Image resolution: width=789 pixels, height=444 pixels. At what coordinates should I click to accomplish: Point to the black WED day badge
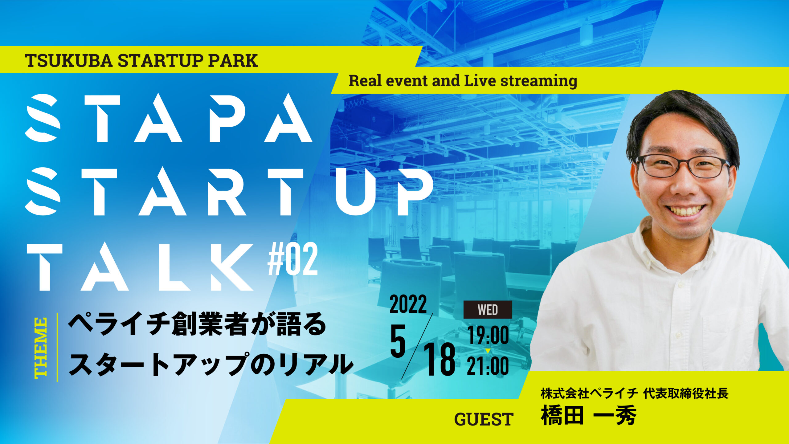(488, 310)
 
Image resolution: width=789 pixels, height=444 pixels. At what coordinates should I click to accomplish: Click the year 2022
(408, 304)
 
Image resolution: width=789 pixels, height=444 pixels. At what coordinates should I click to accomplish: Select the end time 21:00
(488, 366)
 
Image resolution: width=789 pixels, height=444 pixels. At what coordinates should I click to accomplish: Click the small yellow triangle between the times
(488, 351)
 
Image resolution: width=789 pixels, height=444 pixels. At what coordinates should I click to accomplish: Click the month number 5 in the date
(398, 342)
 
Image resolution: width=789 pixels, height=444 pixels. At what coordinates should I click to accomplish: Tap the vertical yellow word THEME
(41, 348)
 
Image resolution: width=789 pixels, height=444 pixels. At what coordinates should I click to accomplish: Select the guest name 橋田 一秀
(589, 415)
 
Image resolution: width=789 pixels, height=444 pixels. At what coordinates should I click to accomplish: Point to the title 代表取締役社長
(686, 393)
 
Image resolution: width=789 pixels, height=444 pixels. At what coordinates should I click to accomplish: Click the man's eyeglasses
(682, 166)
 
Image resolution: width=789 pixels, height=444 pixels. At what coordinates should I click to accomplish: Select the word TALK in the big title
(140, 267)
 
